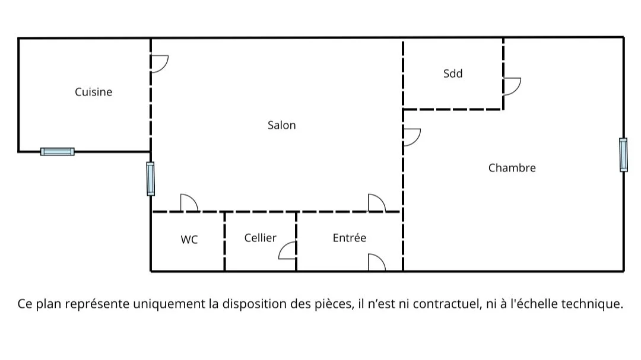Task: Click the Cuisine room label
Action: (x=93, y=92)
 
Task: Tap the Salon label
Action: (x=281, y=125)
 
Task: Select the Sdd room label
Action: (x=453, y=74)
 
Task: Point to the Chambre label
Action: (x=512, y=168)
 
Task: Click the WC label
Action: (x=189, y=240)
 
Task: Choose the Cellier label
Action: (x=260, y=238)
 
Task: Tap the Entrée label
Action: (x=349, y=238)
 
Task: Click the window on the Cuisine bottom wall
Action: (x=58, y=151)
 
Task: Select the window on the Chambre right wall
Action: (x=623, y=155)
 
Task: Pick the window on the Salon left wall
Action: (x=150, y=179)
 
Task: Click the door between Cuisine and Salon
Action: (x=158, y=63)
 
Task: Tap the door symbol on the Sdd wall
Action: (x=511, y=87)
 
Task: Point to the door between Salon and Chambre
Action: (x=411, y=137)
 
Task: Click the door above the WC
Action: (x=189, y=203)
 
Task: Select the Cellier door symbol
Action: (x=288, y=251)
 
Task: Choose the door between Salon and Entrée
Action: (x=376, y=203)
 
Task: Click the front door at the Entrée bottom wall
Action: (x=376, y=263)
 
